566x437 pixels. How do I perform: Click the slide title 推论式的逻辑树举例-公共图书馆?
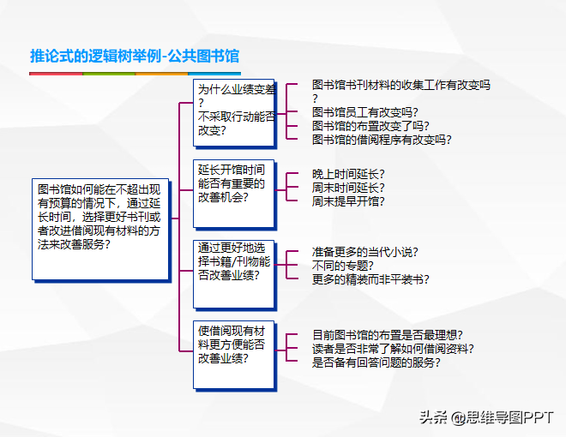pos(135,56)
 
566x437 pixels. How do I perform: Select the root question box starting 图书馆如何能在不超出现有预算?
pos(100,230)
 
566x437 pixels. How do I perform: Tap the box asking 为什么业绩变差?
pos(235,113)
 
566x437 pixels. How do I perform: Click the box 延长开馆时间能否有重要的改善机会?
pos(235,195)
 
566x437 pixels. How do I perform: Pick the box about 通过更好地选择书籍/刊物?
pos(235,275)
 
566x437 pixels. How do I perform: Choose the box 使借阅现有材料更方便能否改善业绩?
pos(235,356)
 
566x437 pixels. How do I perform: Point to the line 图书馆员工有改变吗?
pos(365,112)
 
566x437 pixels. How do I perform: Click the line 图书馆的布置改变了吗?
pos(370,126)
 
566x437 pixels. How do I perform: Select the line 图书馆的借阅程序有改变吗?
pos(382,140)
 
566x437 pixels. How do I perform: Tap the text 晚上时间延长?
pos(348,174)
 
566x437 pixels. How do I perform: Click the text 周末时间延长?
pos(348,188)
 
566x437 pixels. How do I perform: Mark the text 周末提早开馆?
pos(348,201)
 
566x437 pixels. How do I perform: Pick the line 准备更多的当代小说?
pos(365,252)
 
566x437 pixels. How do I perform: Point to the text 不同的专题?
pos(342,266)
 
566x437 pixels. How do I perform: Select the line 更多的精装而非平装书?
pos(370,279)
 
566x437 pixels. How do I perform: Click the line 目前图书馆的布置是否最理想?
pos(388,335)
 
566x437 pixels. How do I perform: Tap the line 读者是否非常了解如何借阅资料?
pos(393,349)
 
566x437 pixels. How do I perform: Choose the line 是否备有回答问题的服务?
pos(376,362)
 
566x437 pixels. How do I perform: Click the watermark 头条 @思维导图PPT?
pos(486,417)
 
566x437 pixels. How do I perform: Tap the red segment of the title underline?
pos(56,74)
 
